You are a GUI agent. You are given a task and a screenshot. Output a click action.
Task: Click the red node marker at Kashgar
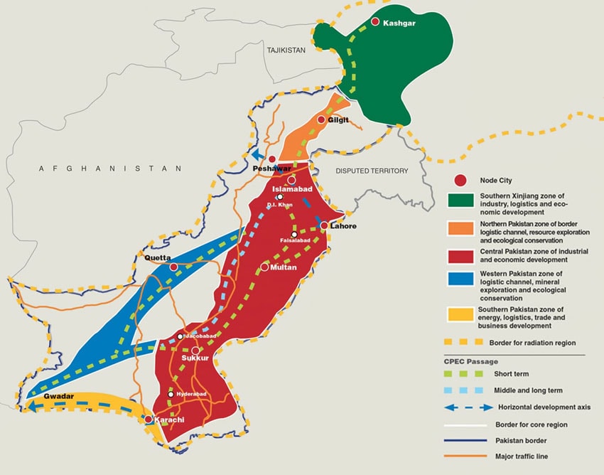click(374, 23)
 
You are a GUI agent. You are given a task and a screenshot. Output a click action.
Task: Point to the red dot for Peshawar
click(271, 159)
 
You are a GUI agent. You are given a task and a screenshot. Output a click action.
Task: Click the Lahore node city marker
click(323, 225)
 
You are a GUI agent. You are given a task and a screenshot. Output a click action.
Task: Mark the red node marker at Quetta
click(173, 267)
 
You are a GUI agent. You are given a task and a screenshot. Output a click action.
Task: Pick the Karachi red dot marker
click(148, 420)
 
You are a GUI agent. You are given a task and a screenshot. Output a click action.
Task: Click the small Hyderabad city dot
click(171, 393)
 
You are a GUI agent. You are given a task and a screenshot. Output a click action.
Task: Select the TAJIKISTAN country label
click(286, 50)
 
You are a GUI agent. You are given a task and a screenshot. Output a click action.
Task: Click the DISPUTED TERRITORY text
click(372, 171)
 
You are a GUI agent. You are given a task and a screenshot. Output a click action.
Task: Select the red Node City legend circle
click(460, 181)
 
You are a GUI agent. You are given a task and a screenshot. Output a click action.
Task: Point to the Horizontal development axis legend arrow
click(461, 407)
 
